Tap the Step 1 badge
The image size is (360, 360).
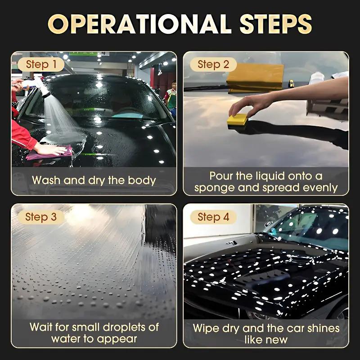(41, 64)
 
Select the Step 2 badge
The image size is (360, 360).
(213, 64)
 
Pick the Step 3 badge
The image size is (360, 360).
(41, 217)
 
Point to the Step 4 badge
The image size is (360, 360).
(213, 217)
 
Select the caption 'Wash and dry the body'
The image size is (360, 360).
(94, 181)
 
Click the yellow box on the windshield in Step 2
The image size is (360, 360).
(255, 76)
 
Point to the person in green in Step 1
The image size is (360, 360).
(171, 97)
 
